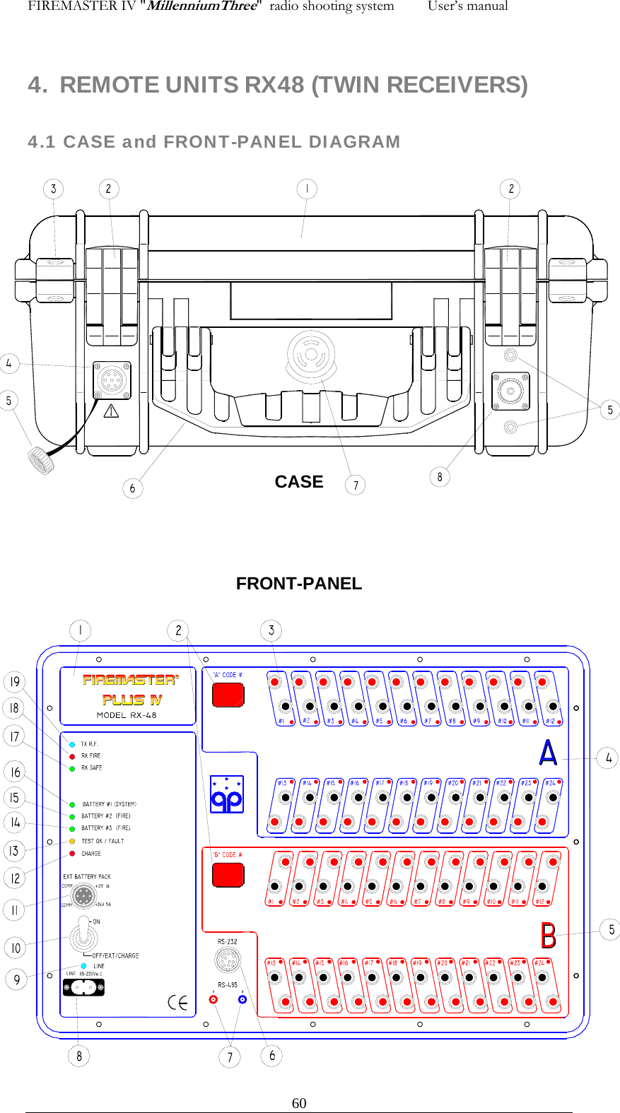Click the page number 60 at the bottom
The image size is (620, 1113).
(x=299, y=1103)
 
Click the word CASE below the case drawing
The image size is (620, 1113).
(x=298, y=482)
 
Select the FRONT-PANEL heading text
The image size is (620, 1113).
(x=298, y=584)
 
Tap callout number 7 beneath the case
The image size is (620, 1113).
(x=356, y=485)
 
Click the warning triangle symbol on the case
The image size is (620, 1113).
(x=112, y=411)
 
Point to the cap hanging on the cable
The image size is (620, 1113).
(x=41, y=459)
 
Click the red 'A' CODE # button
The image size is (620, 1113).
(x=228, y=694)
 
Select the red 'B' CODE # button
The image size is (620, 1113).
(x=228, y=875)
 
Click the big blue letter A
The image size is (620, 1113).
(x=548, y=753)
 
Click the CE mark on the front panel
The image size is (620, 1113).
(x=177, y=1002)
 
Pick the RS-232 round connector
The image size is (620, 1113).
(x=227, y=960)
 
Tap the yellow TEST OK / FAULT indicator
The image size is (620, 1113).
(x=72, y=841)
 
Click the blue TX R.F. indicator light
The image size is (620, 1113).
(x=72, y=744)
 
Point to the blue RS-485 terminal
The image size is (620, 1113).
(x=242, y=999)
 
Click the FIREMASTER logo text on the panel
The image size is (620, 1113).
(x=130, y=680)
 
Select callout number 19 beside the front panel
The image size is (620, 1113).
(x=14, y=682)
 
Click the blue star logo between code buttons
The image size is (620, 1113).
(x=227, y=794)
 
